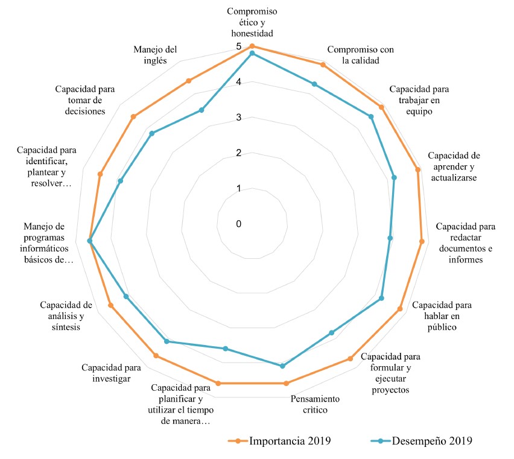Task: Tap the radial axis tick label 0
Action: coord(239,224)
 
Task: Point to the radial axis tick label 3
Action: coord(239,118)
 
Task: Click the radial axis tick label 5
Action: coord(239,47)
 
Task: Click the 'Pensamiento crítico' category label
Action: coord(315,405)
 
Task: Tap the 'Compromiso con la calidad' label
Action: coord(360,55)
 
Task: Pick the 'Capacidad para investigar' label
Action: coord(112,373)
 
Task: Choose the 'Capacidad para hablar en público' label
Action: coord(442,315)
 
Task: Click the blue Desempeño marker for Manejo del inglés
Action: coord(202,110)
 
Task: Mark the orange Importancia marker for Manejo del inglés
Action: coord(189,81)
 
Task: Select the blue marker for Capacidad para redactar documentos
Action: coord(390,238)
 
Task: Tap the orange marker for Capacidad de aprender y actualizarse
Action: coord(417,169)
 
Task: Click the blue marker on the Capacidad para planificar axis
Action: coord(226,349)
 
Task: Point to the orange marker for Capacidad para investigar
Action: coord(156,356)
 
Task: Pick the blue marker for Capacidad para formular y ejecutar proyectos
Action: coord(331,333)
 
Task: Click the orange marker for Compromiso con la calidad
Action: coord(323,65)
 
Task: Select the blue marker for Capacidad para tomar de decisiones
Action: coord(152,134)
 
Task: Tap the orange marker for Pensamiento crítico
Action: coord(287,383)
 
